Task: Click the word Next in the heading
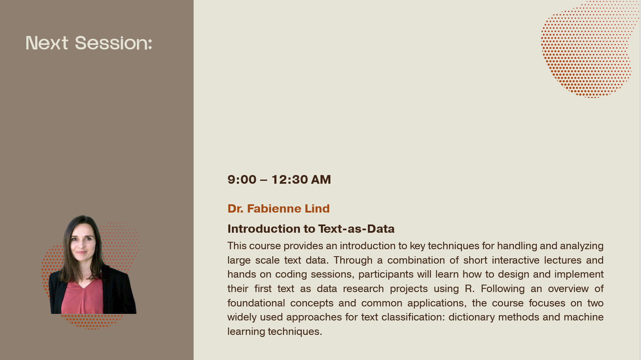pos(47,43)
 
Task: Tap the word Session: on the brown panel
pos(114,43)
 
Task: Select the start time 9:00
pos(242,180)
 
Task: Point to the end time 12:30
pos(290,180)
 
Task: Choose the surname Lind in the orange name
pos(317,208)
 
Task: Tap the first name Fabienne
pos(274,208)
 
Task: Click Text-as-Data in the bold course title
pos(356,229)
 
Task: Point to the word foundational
pos(256,303)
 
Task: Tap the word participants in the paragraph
pos(386,275)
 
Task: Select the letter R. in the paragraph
pos(470,289)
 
